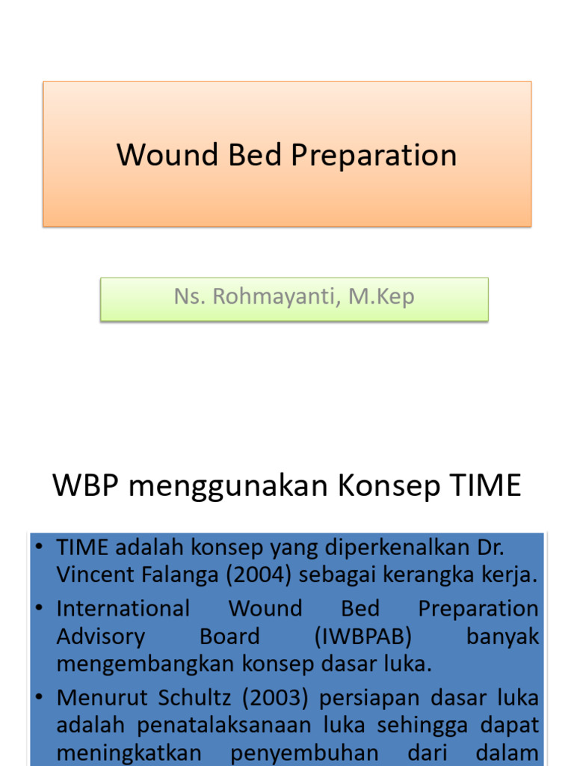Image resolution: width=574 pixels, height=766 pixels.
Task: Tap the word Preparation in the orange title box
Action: click(x=374, y=156)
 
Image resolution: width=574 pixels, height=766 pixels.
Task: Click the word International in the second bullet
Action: click(x=123, y=608)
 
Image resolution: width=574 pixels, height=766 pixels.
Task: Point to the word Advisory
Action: click(x=101, y=637)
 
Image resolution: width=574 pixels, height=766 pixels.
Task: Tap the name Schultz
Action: click(x=194, y=697)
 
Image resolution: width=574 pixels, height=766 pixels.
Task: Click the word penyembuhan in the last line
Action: click(x=303, y=753)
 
